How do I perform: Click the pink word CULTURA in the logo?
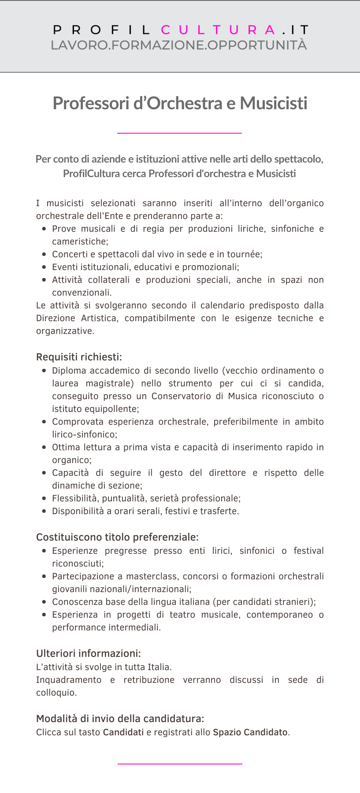point(218,30)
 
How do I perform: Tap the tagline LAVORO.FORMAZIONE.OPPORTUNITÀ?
point(179,45)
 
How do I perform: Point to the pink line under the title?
point(179,133)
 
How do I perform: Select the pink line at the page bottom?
point(180,763)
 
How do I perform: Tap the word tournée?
point(244,254)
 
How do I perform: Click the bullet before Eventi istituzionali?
point(44,267)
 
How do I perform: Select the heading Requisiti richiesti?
point(79,357)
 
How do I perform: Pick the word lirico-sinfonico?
point(84,434)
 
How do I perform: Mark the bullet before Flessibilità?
point(44,498)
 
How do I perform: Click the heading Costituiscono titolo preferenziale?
point(117,537)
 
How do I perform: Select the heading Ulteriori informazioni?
point(89,653)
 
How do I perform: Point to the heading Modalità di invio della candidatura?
point(120,719)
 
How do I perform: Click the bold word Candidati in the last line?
point(123,732)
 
